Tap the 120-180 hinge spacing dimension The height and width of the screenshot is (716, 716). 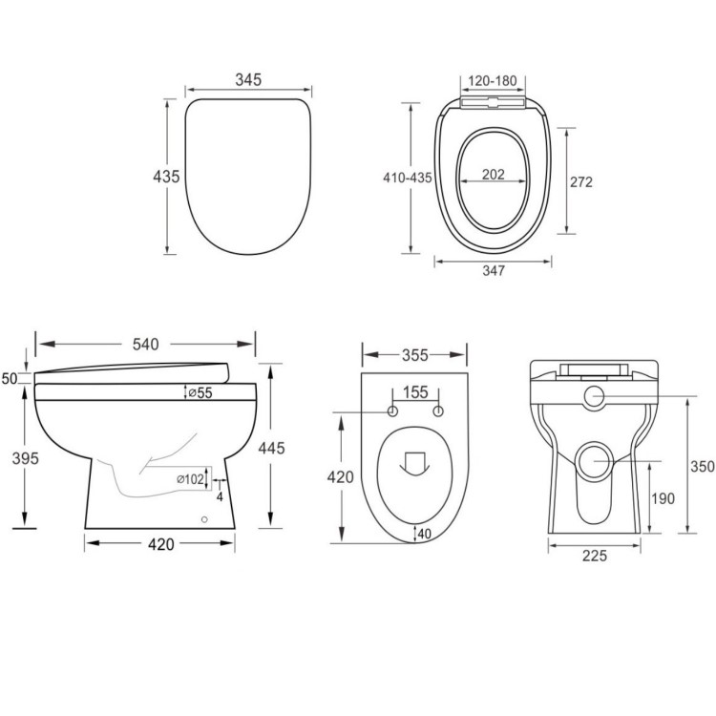tap(493, 80)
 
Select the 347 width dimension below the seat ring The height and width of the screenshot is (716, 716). tap(493, 271)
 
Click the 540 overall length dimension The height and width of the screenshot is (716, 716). tap(144, 344)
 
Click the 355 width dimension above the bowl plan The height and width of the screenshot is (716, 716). tap(413, 355)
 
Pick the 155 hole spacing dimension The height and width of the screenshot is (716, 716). tap(415, 391)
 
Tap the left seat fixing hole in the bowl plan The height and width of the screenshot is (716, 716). tap(392, 411)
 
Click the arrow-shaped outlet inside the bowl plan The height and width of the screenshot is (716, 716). tap(414, 463)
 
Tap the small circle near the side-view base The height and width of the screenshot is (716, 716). tap(204, 519)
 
